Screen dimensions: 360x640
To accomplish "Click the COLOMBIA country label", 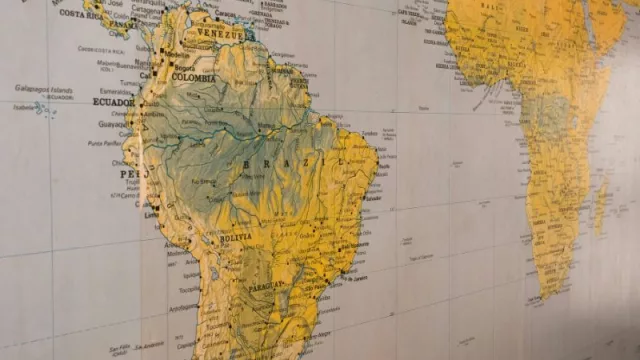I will tap(193, 77).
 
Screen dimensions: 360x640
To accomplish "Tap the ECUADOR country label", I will tap(113, 101).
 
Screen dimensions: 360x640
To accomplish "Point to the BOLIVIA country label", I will tap(237, 239).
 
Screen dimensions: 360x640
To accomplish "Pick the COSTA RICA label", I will tap(81, 14).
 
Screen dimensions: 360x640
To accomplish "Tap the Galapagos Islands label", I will tap(43, 88).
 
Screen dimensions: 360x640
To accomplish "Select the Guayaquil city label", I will tap(113, 124).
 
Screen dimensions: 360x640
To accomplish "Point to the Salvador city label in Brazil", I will tap(376, 199).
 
